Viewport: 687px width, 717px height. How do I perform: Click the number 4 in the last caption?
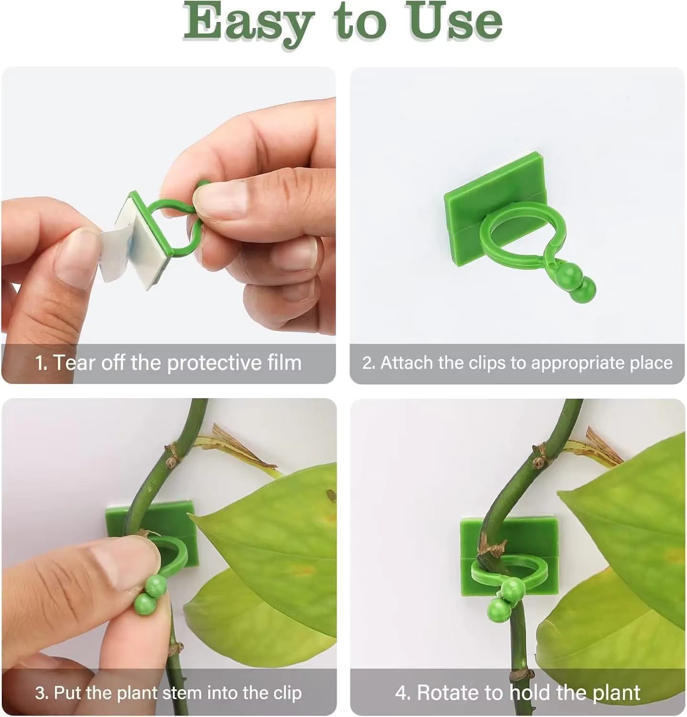coord(401,693)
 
